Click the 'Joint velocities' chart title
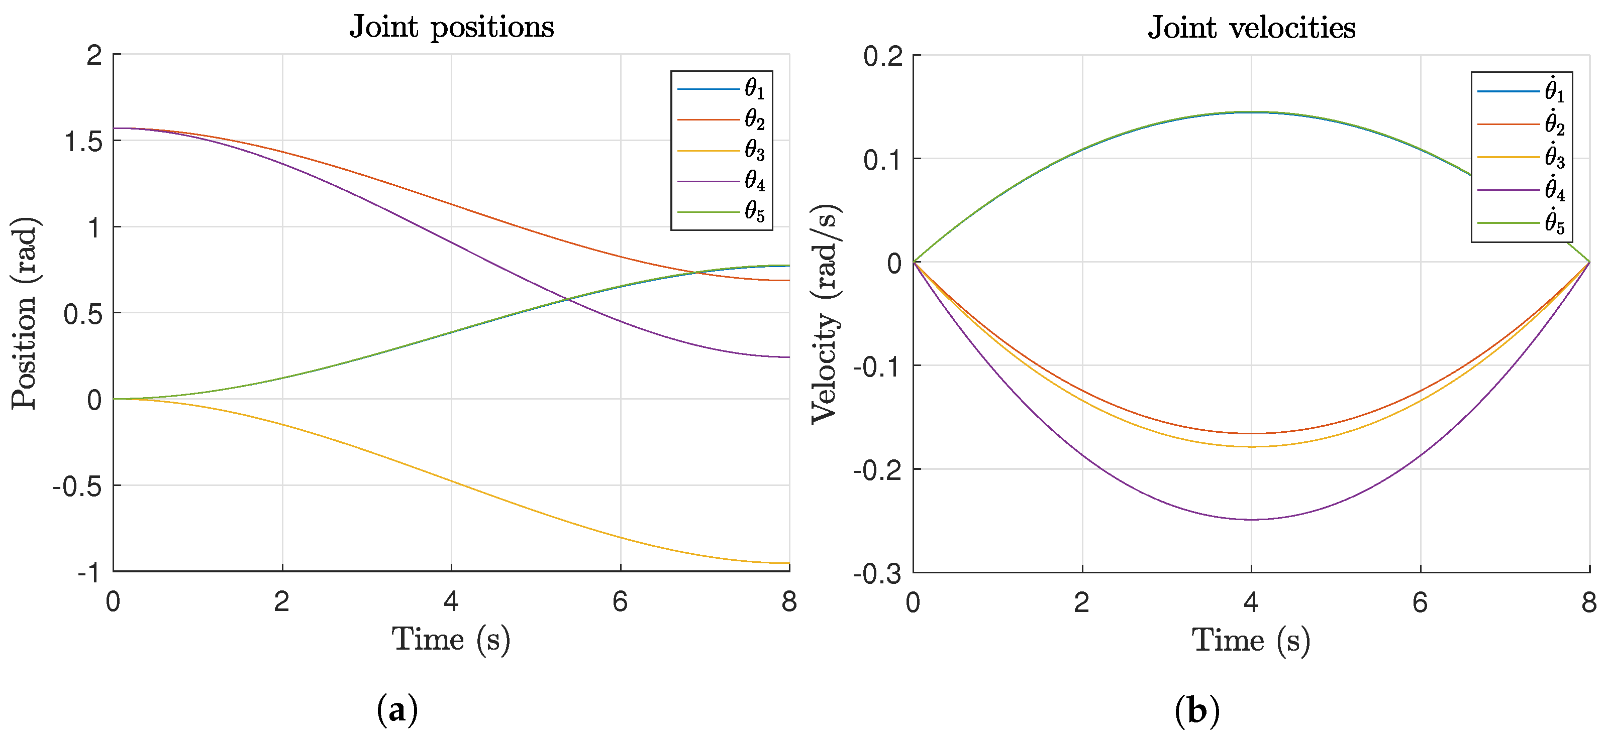(1252, 28)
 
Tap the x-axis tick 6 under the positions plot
(620, 602)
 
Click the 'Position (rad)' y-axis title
(25, 313)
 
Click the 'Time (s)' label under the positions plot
(451, 640)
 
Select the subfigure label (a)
(397, 710)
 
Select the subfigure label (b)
(1196, 710)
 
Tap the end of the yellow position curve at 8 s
(789, 563)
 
